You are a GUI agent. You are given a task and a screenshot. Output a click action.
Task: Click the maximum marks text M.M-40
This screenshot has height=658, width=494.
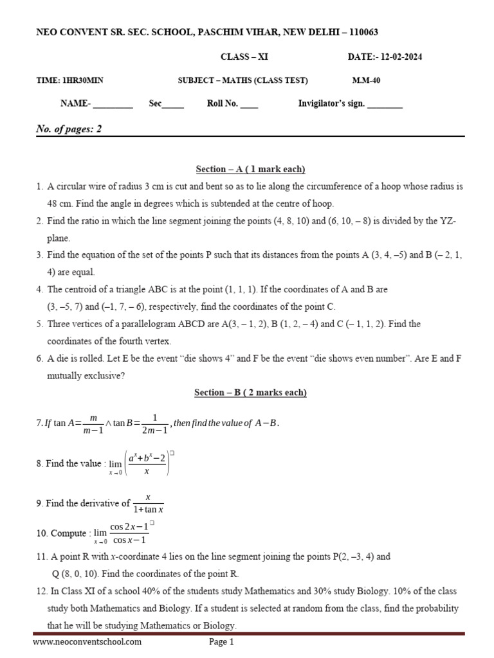pos(366,80)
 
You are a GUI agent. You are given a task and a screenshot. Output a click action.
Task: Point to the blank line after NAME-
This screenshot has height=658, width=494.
pos(113,105)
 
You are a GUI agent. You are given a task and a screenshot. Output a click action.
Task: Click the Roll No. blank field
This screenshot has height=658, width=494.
pos(249,105)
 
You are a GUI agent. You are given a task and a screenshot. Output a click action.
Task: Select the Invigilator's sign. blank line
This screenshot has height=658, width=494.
pos(385,105)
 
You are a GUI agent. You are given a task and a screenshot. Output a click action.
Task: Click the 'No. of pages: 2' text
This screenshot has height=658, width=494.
pos(69,129)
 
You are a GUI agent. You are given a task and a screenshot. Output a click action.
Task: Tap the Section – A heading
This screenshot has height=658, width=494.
pos(250,169)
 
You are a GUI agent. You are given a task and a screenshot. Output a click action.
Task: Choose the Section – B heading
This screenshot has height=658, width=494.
pos(250,392)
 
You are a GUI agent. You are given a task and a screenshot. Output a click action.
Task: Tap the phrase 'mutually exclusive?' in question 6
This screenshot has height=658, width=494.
pos(84,376)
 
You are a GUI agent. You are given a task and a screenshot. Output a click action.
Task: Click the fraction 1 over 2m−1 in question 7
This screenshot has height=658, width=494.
pos(154,423)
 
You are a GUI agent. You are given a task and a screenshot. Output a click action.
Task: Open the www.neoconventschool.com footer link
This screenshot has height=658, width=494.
pos(87,641)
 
